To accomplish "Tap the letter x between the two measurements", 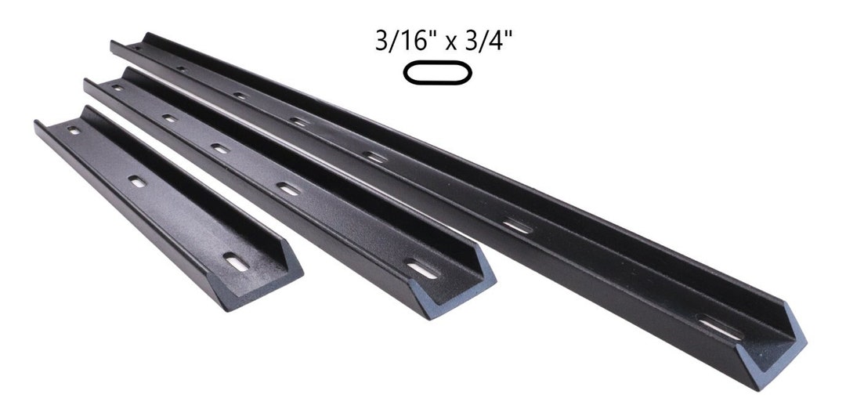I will coord(450,44).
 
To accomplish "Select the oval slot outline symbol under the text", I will coord(437,74).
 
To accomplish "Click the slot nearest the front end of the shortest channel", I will coord(236,261).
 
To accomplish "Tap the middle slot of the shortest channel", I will coord(137,182).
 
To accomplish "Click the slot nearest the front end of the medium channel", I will coord(422,269).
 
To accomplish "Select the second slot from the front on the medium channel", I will coord(289,189).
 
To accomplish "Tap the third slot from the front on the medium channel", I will coord(220,148).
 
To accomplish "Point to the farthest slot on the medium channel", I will coord(117,88).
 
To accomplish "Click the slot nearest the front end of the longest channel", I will coord(719,327).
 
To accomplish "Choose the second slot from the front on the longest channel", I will coord(516,226).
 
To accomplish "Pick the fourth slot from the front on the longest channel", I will coord(298,121).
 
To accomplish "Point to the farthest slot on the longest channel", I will coord(138,49).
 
